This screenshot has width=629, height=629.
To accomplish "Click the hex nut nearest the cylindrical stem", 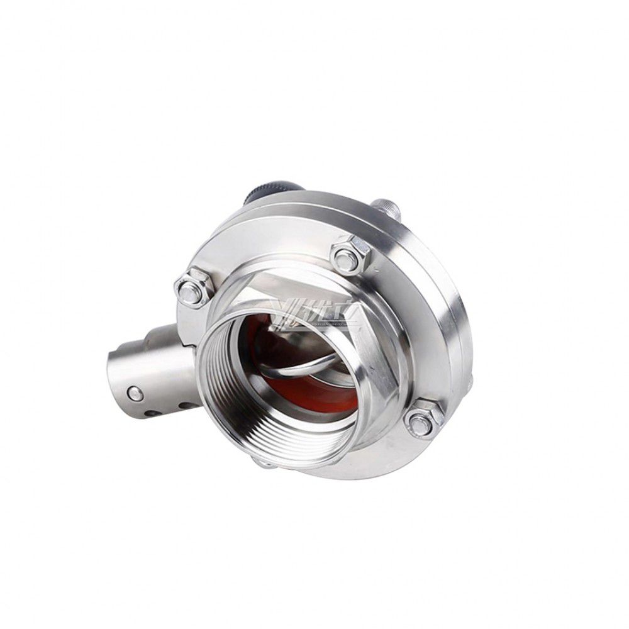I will pos(192,289).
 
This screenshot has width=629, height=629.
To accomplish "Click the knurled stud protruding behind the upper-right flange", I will pos(385,208).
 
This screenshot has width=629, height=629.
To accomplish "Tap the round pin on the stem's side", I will pos(133,394).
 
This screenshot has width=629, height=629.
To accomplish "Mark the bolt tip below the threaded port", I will pos(264,464).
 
